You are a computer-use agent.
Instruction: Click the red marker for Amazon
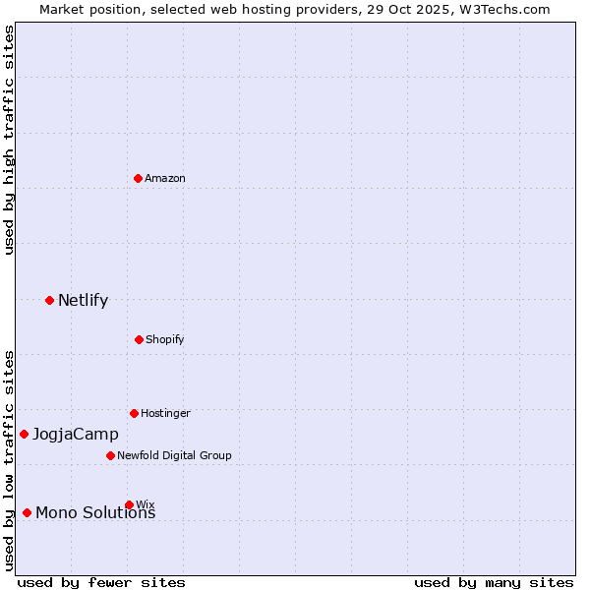pyautogui.click(x=139, y=178)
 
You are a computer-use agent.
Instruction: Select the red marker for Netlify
pyautogui.click(x=49, y=300)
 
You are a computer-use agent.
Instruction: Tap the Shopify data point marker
pyautogui.click(x=139, y=339)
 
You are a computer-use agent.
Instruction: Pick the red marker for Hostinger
pyautogui.click(x=134, y=413)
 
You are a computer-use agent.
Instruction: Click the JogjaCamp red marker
pyautogui.click(x=24, y=434)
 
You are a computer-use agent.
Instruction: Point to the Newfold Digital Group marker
pyautogui.click(x=110, y=455)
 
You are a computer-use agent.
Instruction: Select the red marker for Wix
pyautogui.click(x=129, y=504)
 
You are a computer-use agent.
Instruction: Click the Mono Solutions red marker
pyautogui.click(x=27, y=512)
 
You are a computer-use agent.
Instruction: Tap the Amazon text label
pyautogui.click(x=165, y=178)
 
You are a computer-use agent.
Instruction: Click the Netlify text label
pyautogui.click(x=83, y=301)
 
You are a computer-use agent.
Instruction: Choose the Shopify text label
pyautogui.click(x=165, y=339)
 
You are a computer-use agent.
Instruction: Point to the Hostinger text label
pyautogui.click(x=165, y=413)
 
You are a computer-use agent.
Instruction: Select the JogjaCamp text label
pyautogui.click(x=75, y=435)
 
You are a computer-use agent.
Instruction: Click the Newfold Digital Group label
pyautogui.click(x=174, y=455)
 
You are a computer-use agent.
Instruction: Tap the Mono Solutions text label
pyautogui.click(x=95, y=513)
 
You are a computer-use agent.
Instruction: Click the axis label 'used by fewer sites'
pyautogui.click(x=101, y=582)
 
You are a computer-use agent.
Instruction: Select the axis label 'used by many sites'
pyautogui.click(x=494, y=582)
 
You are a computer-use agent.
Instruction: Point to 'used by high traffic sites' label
pyautogui.click(x=9, y=140)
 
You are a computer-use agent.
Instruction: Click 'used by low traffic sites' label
pyautogui.click(x=9, y=460)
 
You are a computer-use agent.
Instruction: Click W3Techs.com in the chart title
pyautogui.click(x=501, y=9)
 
